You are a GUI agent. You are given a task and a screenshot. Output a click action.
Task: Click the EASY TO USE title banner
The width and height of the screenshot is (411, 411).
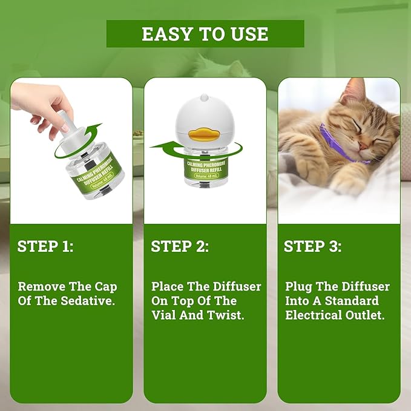point(205,34)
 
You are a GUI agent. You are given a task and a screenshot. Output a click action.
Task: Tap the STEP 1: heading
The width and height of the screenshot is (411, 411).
point(46,246)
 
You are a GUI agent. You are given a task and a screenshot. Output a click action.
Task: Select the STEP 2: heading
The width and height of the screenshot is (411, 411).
point(180,246)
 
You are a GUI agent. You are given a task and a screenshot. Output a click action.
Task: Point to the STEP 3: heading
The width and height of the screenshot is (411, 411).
point(313,246)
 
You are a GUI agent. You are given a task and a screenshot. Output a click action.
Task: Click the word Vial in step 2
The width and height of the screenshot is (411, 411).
point(164,315)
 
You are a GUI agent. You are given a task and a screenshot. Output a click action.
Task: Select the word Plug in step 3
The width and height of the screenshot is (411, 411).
point(299,286)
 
